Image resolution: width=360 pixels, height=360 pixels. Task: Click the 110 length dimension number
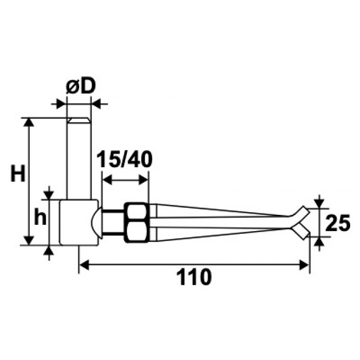click(193, 276)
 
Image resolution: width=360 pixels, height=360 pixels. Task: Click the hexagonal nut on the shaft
click(136, 222)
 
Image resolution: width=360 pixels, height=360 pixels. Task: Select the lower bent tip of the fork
click(301, 231)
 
